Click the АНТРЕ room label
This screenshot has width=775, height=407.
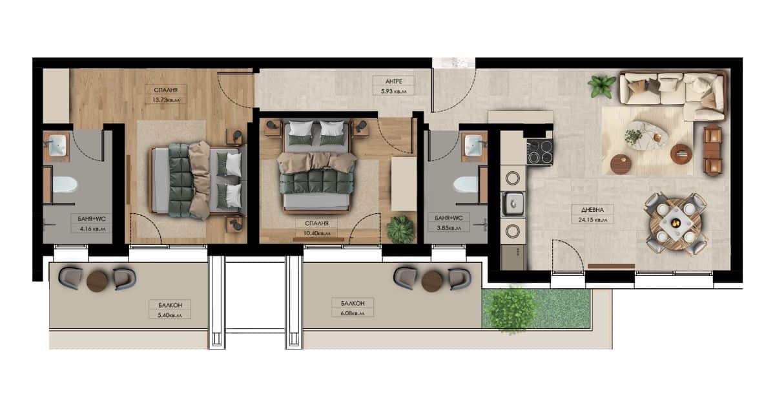(x=394, y=81)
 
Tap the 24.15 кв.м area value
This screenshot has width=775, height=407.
(x=593, y=220)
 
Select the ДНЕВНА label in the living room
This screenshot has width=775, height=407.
(x=593, y=210)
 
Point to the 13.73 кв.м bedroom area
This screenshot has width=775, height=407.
(x=165, y=100)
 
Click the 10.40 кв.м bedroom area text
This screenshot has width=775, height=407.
(x=316, y=234)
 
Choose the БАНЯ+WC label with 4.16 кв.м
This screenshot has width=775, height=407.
(x=92, y=219)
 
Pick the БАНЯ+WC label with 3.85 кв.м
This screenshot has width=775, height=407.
(x=448, y=218)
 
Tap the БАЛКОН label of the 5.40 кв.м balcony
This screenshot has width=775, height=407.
(x=170, y=305)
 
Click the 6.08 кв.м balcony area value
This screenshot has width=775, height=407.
(x=352, y=313)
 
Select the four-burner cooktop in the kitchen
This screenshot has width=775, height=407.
(x=540, y=152)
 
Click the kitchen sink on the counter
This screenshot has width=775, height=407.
(x=513, y=204)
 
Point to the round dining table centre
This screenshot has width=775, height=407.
(x=676, y=224)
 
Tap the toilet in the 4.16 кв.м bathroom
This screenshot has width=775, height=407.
(x=65, y=185)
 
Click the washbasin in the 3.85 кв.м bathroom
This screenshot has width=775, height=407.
(x=473, y=145)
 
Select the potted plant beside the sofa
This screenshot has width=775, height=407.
(x=601, y=86)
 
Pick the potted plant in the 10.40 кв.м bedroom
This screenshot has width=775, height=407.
(x=400, y=229)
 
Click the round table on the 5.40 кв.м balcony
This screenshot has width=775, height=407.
(x=98, y=281)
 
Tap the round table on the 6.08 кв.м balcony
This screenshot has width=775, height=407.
(x=432, y=280)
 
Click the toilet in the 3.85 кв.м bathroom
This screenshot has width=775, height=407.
(x=466, y=185)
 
